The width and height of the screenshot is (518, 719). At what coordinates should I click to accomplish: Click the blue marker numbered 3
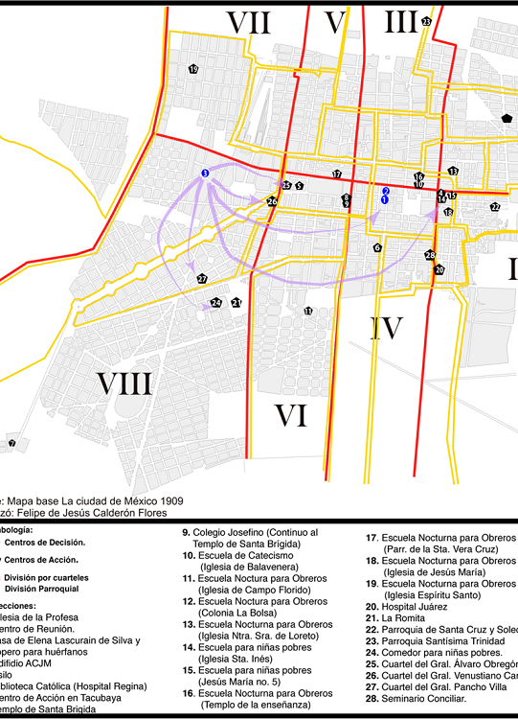point(205,173)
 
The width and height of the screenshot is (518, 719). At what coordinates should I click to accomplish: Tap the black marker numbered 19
point(193,69)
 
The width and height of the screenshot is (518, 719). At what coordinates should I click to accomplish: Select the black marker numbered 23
point(426,21)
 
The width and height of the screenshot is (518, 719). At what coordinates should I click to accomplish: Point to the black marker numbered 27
point(202,279)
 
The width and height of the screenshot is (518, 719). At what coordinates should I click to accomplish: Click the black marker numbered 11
point(307,312)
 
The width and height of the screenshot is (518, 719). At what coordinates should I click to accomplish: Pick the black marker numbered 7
point(12,444)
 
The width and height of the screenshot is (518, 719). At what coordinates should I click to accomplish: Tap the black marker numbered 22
point(495,207)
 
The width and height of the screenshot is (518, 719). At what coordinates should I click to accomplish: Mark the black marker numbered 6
point(377,247)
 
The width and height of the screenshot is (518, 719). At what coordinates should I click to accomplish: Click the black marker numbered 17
point(336,174)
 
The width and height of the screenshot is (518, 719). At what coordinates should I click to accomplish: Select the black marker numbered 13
point(453,171)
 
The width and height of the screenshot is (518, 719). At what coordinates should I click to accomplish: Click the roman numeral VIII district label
point(124,384)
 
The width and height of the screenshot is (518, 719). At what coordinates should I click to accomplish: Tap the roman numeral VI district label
point(290,415)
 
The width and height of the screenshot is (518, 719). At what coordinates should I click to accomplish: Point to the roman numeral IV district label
point(386,329)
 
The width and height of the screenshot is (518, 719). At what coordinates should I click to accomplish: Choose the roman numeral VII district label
point(248,22)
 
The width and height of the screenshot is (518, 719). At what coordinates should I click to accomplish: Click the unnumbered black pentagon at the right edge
point(506,117)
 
